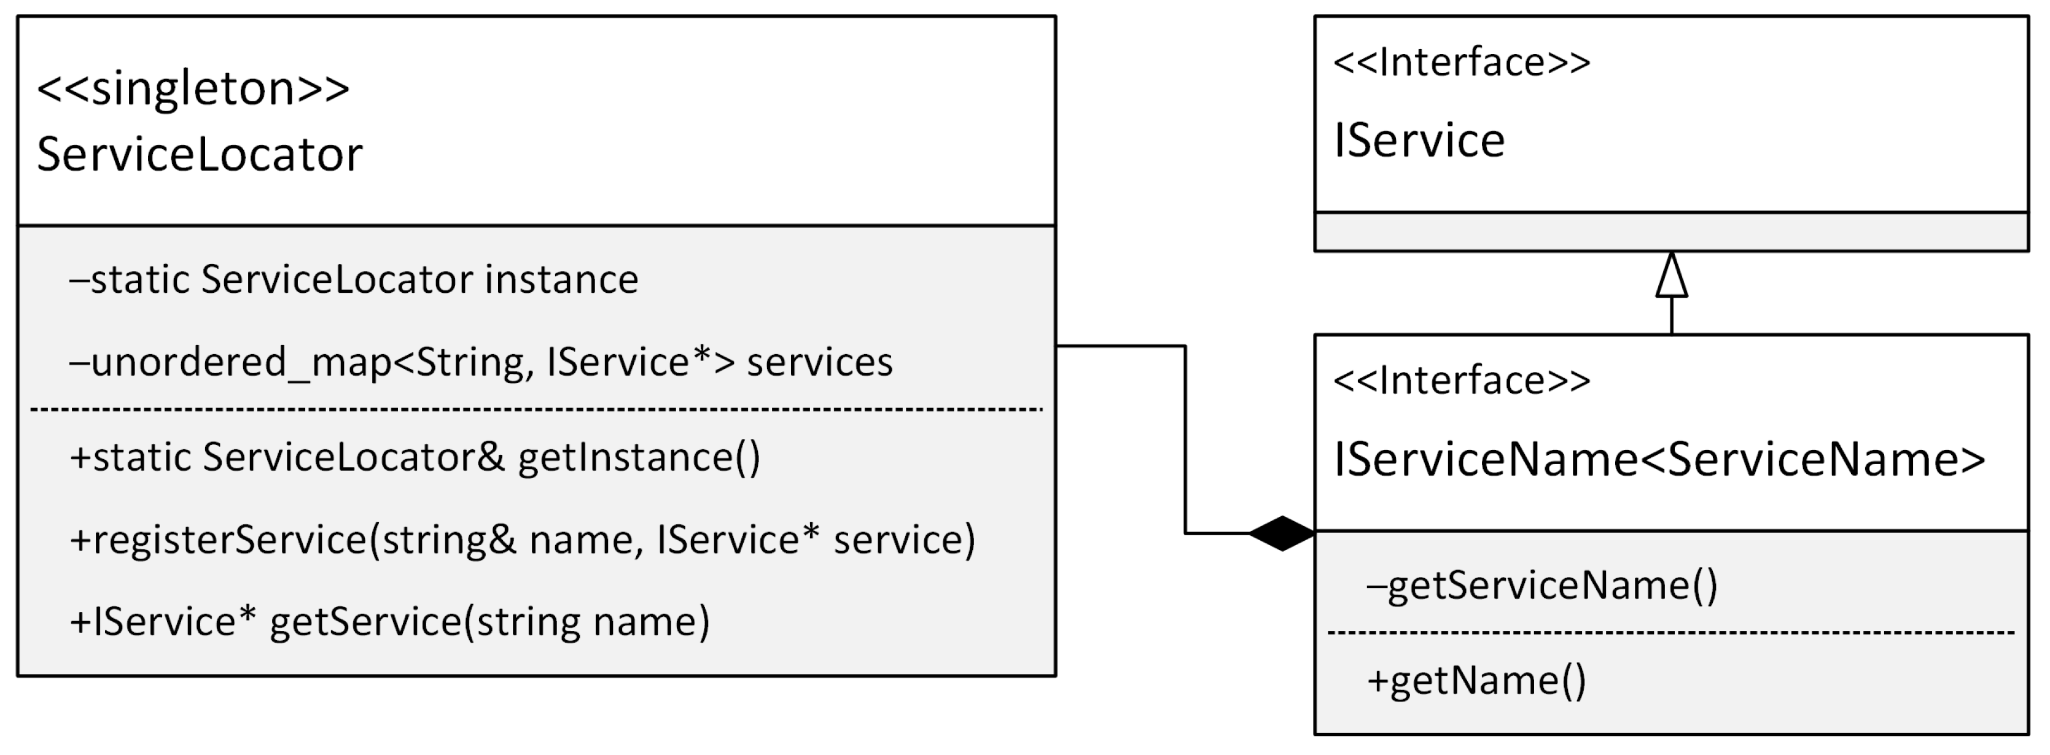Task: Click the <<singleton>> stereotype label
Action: [193, 89]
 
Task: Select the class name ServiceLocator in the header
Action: [200, 154]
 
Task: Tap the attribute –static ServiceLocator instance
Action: [354, 280]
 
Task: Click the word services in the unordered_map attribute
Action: [820, 363]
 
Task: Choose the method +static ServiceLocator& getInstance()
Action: [415, 457]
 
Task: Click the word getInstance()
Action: [639, 457]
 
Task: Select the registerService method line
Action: [522, 540]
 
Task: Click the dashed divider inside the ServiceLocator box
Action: [536, 409]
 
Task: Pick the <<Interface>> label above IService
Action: [1462, 63]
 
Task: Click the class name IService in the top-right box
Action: [1419, 141]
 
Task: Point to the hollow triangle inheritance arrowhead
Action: [1671, 276]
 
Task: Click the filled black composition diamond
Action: [1282, 533]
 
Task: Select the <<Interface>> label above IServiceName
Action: [1462, 381]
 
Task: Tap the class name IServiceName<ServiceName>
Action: [1659, 460]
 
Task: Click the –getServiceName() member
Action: [1542, 586]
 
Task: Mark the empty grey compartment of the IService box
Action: [1671, 232]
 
